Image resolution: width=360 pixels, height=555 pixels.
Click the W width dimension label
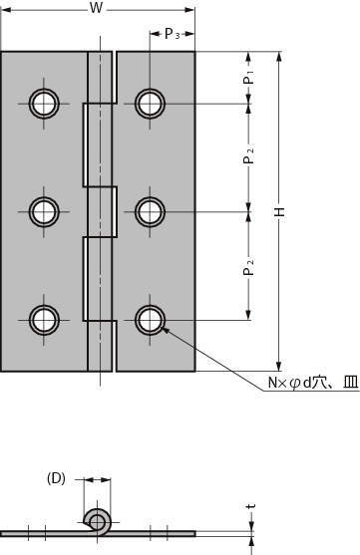(x=96, y=8)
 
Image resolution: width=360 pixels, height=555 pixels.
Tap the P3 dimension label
(x=173, y=34)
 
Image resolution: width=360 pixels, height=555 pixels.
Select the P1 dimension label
(x=249, y=78)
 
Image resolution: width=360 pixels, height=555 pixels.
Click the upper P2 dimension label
(x=249, y=155)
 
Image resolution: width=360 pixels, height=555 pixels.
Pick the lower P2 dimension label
(x=249, y=267)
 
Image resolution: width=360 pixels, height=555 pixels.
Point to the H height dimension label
(x=280, y=211)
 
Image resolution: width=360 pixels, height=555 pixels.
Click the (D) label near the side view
(x=56, y=478)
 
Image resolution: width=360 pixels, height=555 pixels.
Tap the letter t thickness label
(x=251, y=506)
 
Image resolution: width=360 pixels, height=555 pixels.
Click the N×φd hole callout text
(x=313, y=383)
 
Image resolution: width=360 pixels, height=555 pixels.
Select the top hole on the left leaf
(x=44, y=104)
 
